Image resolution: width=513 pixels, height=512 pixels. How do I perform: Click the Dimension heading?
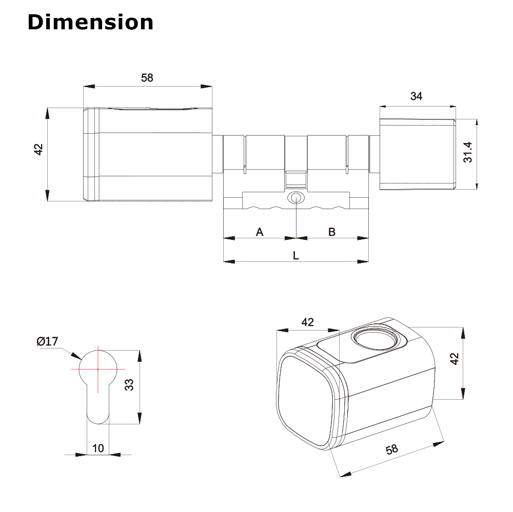coord(90,22)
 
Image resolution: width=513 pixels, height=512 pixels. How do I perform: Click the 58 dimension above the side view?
coord(147,78)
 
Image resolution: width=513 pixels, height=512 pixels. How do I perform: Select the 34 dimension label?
coord(417,96)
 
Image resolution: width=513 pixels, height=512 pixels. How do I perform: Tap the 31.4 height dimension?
coord(467,153)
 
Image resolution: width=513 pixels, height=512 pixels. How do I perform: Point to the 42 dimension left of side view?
coord(38,149)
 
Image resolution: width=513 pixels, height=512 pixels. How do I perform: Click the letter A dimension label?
coord(260,232)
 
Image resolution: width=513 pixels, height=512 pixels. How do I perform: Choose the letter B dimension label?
coord(332,232)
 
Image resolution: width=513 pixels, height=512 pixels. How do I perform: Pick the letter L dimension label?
coord(296,255)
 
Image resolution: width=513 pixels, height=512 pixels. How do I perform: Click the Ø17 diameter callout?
coord(47,341)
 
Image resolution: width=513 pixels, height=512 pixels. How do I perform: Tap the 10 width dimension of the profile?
coord(97,448)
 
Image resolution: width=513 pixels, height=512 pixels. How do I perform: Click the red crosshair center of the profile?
coord(97,369)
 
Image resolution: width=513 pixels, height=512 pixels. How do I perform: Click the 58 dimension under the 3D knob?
coord(391,449)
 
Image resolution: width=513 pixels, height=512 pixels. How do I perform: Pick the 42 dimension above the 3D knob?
coord(307,322)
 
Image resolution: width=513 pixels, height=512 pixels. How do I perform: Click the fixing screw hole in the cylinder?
coord(295,198)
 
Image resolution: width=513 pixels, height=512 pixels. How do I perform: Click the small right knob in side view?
coord(417,154)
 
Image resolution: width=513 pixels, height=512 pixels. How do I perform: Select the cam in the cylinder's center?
coord(296,179)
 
